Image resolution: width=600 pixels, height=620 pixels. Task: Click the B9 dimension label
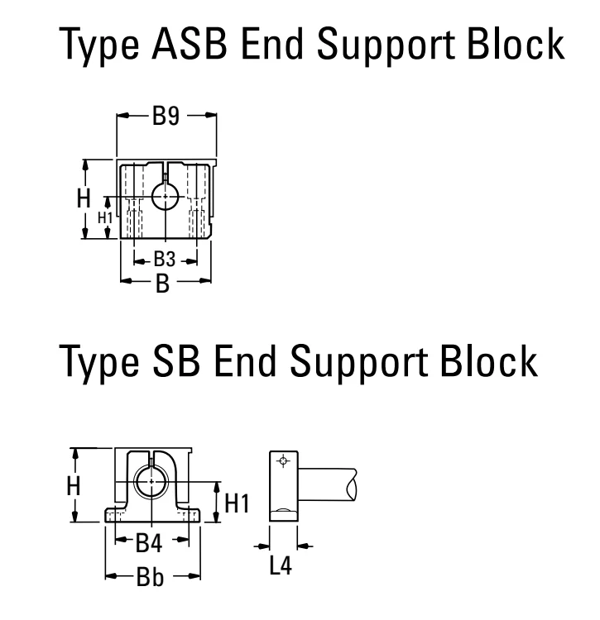166,117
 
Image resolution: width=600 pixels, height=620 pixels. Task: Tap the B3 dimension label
164,260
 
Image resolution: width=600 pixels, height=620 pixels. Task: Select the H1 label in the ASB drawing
105,218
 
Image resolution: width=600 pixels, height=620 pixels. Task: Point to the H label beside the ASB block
84,198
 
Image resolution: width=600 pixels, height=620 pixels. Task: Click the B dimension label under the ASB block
163,284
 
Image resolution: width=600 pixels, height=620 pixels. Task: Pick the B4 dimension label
149,543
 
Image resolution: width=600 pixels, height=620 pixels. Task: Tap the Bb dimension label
150,577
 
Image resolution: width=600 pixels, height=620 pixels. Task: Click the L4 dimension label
281,565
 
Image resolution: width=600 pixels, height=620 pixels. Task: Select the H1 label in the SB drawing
237,503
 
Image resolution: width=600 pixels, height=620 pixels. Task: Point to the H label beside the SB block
74,485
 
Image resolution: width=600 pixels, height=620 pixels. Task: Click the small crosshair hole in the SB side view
283,460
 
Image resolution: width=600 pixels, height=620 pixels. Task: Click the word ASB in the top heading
190,45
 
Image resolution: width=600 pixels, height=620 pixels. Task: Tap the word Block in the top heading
516,44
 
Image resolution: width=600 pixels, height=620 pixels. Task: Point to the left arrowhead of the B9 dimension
122,116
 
